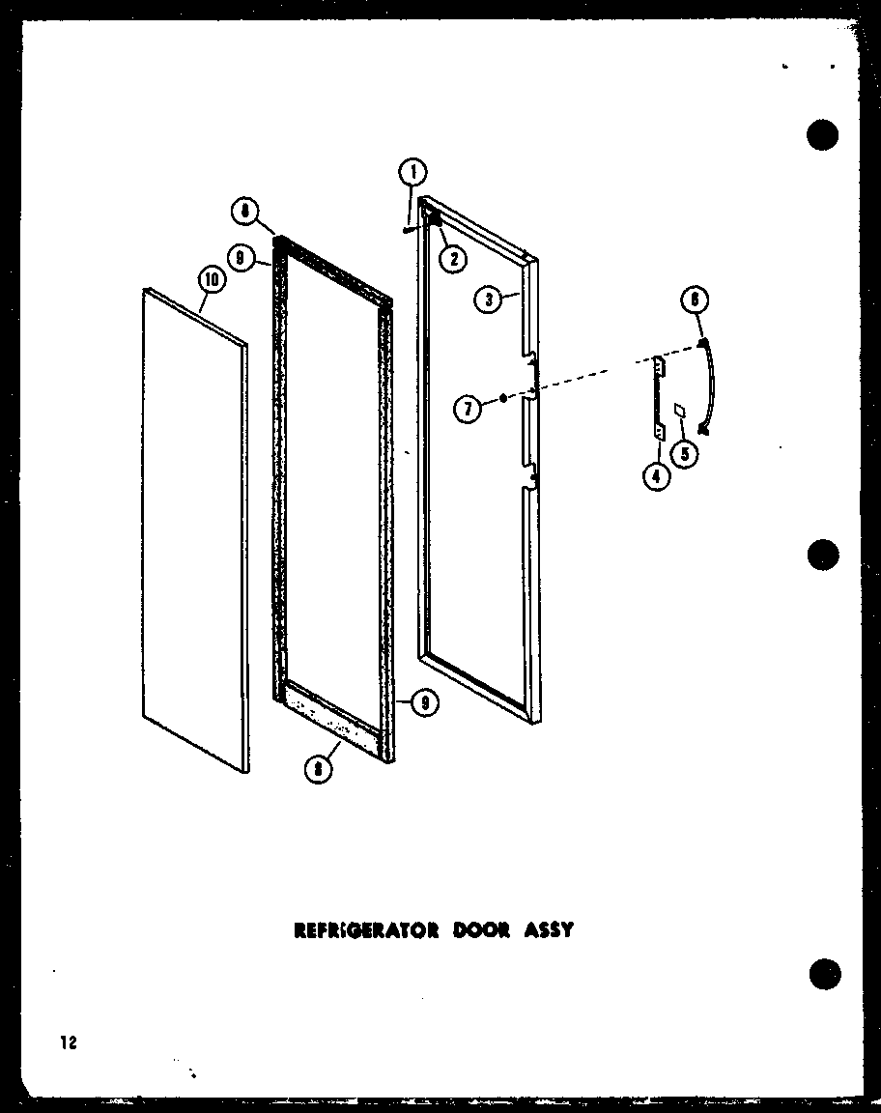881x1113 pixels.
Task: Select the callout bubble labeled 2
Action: point(451,258)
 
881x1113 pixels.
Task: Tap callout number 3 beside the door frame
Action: point(489,300)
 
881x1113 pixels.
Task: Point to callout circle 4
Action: point(657,475)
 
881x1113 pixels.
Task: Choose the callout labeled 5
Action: point(687,452)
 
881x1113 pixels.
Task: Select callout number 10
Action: point(211,280)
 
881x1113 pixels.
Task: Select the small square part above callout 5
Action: point(681,411)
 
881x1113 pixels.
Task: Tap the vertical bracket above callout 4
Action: point(660,396)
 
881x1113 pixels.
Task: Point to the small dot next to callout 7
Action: point(503,397)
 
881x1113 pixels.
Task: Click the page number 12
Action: point(67,1042)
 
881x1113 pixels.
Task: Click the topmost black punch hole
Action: point(821,135)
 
